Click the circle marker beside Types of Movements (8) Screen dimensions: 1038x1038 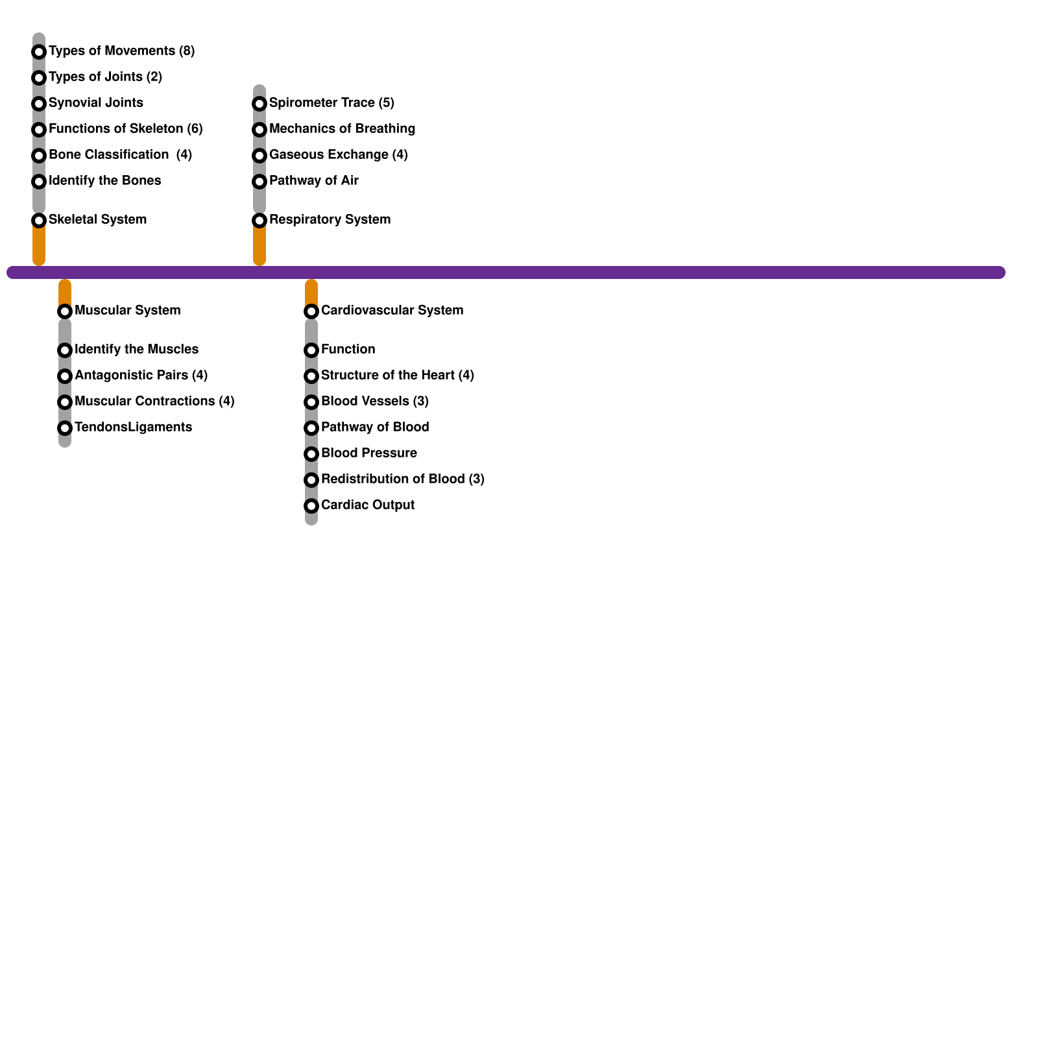click(x=39, y=52)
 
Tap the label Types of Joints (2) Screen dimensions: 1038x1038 click(x=105, y=77)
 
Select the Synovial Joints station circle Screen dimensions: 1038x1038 click(x=39, y=104)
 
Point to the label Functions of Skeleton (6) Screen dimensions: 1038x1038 click(x=125, y=128)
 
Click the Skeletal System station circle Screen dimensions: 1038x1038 click(x=39, y=221)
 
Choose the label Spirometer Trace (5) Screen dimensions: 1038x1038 click(x=332, y=103)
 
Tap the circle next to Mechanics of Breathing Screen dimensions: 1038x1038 click(x=259, y=130)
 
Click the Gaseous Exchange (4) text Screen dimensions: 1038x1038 click(x=338, y=154)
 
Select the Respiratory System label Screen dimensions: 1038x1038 click(x=330, y=219)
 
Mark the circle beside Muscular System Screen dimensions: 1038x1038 click(x=65, y=311)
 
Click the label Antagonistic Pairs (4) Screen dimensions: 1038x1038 click(x=141, y=375)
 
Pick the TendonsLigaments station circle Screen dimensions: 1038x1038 click(x=65, y=428)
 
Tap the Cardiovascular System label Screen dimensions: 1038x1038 click(x=392, y=310)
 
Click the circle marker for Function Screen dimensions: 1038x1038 click(x=311, y=350)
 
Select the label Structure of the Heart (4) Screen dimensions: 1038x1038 click(x=397, y=375)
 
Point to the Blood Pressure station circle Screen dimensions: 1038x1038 click(x=311, y=454)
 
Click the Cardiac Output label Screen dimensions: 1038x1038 click(x=367, y=505)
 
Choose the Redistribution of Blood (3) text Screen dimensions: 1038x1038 click(x=402, y=479)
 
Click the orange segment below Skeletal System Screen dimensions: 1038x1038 click(x=39, y=245)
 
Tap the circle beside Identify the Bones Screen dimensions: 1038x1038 click(x=39, y=182)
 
